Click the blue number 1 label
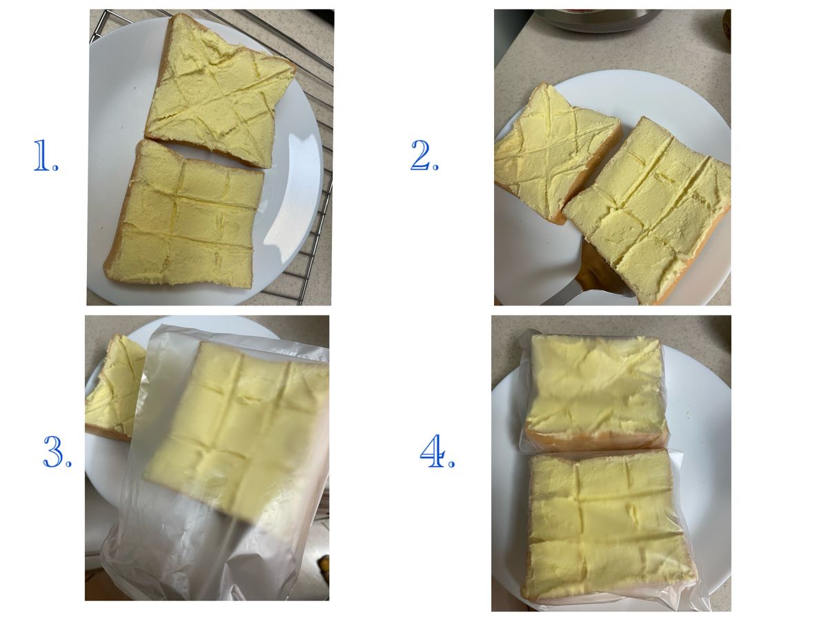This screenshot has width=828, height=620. [46, 155]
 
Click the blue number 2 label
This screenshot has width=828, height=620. [424, 155]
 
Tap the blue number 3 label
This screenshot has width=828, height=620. [57, 452]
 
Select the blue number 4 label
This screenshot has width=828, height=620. [437, 451]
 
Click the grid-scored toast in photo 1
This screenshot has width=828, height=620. [184, 216]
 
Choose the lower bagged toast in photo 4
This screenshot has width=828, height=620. [607, 526]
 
